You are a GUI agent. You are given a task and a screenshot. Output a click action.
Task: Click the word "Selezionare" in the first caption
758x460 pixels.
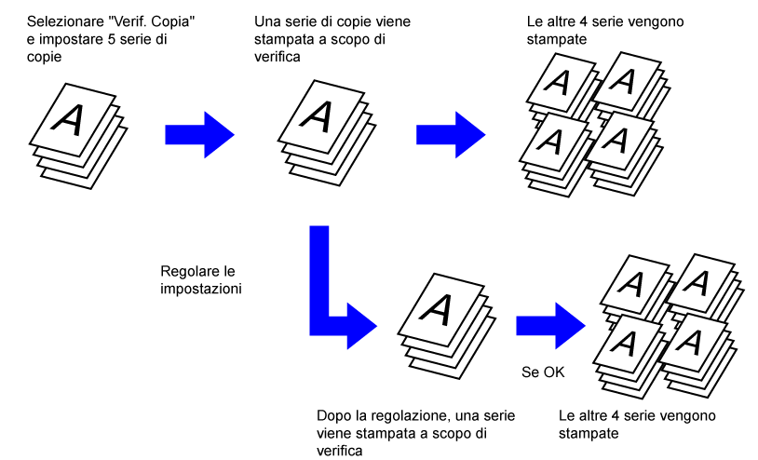coord(64,20)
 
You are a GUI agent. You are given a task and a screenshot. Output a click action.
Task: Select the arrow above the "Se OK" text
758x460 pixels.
coord(550,320)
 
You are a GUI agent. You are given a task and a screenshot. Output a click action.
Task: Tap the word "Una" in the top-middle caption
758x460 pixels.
coord(266,20)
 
